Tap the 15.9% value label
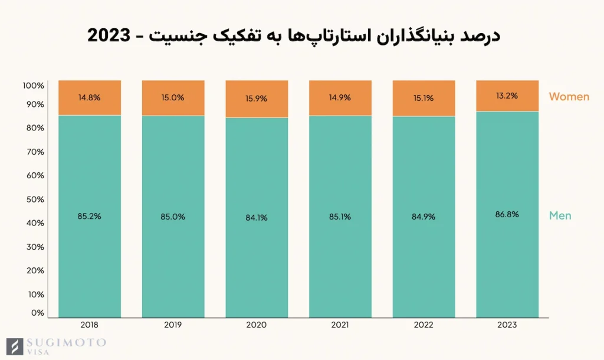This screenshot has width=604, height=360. (257, 99)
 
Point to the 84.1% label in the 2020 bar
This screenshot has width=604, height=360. (257, 217)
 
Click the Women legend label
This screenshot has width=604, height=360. (569, 97)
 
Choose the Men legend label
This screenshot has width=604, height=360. (560, 215)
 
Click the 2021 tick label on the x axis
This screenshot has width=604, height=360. (340, 325)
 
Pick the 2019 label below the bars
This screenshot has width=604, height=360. (173, 325)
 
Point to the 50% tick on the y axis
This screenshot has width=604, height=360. (34, 199)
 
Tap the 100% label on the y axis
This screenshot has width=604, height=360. (33, 86)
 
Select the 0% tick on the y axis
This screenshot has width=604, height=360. (37, 313)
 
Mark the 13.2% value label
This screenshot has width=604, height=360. (507, 96)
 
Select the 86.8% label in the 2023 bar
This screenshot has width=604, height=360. (507, 214)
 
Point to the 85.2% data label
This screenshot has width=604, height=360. (90, 217)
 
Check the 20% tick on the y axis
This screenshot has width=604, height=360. (34, 270)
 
